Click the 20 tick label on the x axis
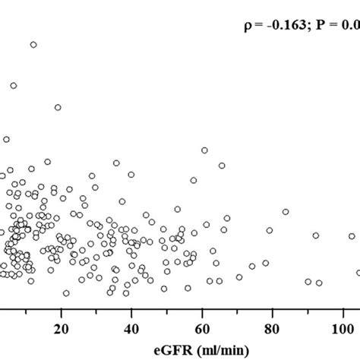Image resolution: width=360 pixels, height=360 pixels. coord(62,328)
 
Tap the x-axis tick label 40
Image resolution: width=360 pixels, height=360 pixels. coord(131,328)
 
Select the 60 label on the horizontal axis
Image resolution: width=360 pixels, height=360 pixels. coord(202,328)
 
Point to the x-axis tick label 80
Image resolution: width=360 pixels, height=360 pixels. coord(272,328)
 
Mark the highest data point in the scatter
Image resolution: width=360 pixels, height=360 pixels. coord(33,45)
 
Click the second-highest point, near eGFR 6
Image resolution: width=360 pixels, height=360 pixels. coord(13,85)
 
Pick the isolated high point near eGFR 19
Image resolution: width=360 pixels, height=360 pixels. coord(58,107)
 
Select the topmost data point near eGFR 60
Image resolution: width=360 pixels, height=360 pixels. coord(204,150)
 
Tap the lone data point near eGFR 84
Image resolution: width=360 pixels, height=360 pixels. coord(286,212)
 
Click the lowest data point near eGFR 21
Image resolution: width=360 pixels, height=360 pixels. coord(66,292)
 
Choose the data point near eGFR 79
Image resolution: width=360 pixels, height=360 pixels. coord(269,230)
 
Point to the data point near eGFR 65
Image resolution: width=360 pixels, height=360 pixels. coord(222,166)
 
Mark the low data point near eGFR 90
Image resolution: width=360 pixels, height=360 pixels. coord(308,281)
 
